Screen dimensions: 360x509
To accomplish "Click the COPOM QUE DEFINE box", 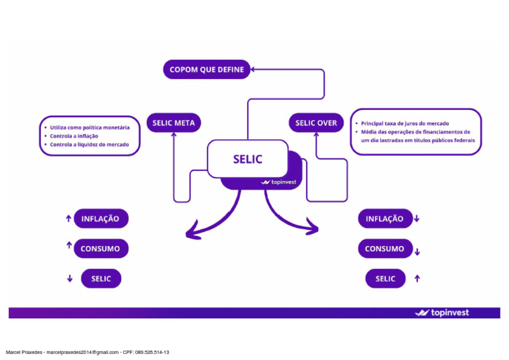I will coord(207,69).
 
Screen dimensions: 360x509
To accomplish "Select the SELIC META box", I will coord(173,123).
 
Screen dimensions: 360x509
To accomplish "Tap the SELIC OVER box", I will coord(316,123).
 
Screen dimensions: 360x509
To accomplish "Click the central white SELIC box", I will coord(247,159).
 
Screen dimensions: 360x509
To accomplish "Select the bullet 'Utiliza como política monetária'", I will coord(89,127).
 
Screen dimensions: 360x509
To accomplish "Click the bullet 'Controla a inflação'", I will coord(74,135).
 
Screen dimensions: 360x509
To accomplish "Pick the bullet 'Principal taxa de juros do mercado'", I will coord(404,123).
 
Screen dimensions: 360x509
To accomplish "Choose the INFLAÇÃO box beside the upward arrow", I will coord(100,218).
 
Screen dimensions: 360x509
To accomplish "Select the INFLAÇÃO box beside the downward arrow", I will coord(384,218).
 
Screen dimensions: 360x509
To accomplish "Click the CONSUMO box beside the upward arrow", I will coord(100,249).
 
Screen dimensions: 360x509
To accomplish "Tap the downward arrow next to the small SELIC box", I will coord(70,278).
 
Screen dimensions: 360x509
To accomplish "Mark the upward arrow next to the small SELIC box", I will coord(417,278).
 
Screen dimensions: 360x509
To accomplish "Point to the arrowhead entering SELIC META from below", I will coord(174,135).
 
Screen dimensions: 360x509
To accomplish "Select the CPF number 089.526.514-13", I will coord(152,352).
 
